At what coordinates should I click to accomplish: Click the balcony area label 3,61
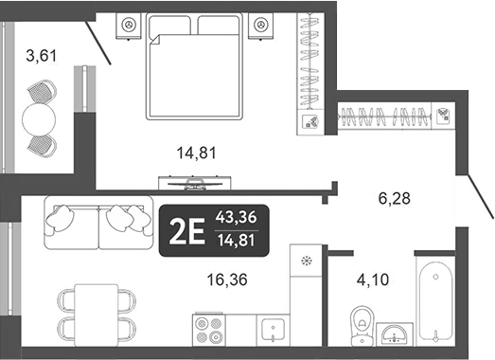41,56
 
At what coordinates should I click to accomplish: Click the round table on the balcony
41,118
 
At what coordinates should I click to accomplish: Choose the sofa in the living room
97,220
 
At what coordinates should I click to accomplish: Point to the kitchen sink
274,329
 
